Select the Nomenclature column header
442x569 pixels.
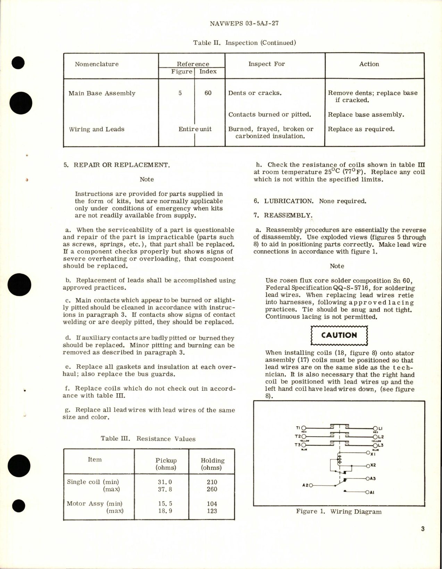(97, 64)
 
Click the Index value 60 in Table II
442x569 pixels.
(208, 93)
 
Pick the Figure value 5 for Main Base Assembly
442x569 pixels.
(180, 93)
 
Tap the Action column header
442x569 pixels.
(369, 64)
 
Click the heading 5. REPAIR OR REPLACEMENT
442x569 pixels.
(117, 165)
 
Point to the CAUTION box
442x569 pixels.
(339, 335)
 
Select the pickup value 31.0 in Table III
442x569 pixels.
(165, 482)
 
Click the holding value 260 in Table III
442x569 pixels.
(212, 489)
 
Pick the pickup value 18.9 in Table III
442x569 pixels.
(165, 511)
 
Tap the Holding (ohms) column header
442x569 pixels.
(212, 464)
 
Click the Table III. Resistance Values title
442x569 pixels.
(148, 439)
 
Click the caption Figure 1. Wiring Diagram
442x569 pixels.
(339, 511)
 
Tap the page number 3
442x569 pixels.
(423, 529)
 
